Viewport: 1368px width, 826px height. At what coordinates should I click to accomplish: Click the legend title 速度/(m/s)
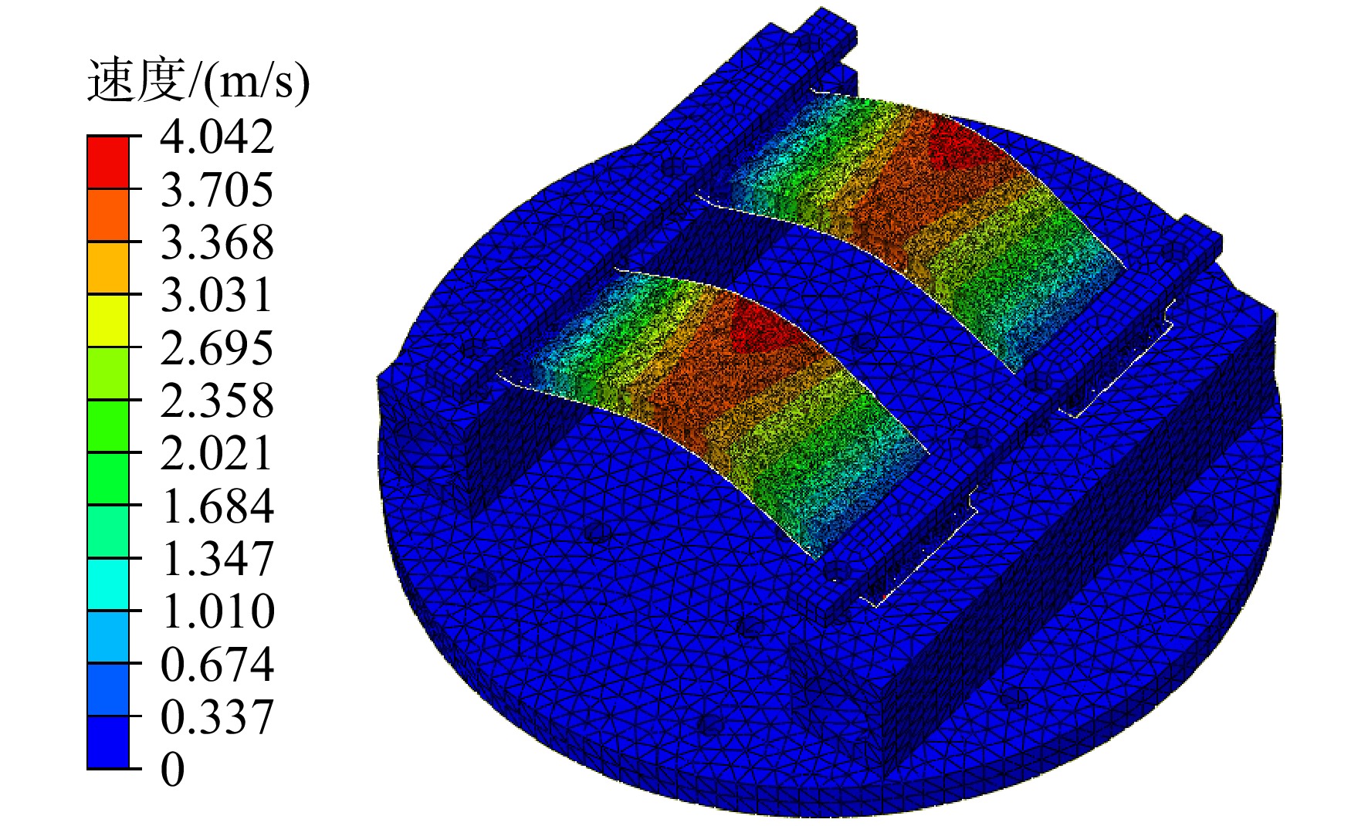pos(198,80)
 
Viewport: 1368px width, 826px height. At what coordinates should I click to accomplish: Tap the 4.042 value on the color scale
pos(217,137)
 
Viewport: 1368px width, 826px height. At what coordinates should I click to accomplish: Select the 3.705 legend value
pos(217,189)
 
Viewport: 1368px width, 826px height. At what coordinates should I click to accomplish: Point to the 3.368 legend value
pos(217,242)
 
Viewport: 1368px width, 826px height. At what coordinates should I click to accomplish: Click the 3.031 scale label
pos(217,294)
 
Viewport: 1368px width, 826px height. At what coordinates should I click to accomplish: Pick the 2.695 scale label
pos(217,347)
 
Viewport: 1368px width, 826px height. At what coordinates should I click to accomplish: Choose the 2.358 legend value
pos(217,400)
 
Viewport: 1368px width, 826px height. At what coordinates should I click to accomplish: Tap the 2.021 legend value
pos(217,452)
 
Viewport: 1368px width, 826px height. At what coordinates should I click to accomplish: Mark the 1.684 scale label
pos(217,506)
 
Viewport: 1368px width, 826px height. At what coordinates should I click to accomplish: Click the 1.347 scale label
pos(217,558)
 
